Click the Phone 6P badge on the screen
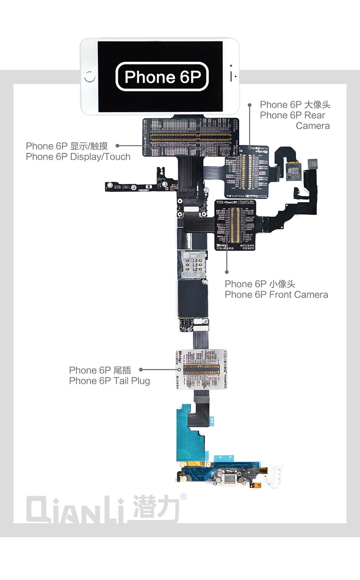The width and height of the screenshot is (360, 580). [x=162, y=77]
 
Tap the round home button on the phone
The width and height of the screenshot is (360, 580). [x=90, y=77]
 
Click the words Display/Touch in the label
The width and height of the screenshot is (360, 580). [x=100, y=156]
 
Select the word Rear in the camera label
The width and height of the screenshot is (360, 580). [x=314, y=115]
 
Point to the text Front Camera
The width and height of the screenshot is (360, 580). [x=299, y=295]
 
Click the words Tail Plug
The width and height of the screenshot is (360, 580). [x=132, y=381]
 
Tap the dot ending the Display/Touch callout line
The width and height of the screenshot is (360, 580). [x=118, y=145]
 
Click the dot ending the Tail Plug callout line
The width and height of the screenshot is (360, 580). [x=141, y=370]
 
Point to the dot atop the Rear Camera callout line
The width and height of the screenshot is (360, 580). [x=250, y=105]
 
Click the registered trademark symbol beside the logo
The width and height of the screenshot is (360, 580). [x=183, y=496]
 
